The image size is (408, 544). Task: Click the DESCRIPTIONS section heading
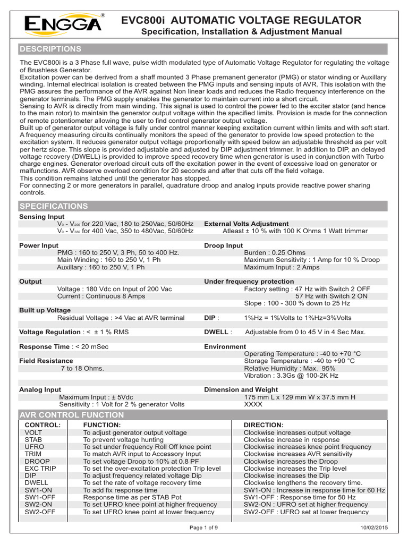[50, 49]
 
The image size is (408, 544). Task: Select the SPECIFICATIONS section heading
[54, 206]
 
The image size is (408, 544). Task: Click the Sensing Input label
[41, 217]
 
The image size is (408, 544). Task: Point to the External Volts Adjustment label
[246, 224]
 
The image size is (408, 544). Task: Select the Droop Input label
[224, 245]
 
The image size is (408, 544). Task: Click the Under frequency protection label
[249, 282]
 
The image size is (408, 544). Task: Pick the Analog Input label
[40, 389]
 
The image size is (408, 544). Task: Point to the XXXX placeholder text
[253, 404]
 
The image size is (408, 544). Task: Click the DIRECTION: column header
[263, 426]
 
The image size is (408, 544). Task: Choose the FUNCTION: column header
[102, 426]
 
